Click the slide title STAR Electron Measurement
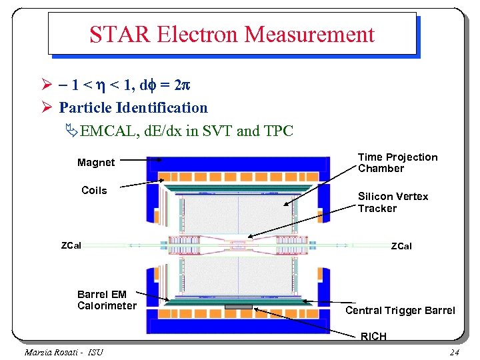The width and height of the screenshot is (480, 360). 232,34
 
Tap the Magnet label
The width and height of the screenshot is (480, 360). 96,163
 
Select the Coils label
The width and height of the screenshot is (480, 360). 94,191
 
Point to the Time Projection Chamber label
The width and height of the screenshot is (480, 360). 397,163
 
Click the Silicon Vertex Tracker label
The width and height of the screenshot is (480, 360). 393,202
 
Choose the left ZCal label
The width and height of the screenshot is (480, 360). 71,245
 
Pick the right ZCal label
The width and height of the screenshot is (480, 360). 401,246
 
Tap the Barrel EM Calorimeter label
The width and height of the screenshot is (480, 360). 107,300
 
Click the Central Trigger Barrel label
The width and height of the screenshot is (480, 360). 400,310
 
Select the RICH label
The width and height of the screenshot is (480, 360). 373,337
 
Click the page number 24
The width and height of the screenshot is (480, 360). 454,352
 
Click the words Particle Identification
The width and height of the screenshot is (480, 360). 133,107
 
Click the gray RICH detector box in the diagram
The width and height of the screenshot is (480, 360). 239,307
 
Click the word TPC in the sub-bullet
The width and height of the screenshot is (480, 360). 278,131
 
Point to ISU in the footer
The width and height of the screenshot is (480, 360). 95,352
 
